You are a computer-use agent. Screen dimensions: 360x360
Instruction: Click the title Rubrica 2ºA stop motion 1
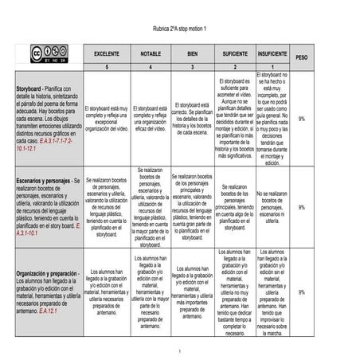(179, 29)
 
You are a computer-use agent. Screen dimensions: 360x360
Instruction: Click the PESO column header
(302, 57)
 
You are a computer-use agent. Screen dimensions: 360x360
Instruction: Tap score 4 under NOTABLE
(151, 68)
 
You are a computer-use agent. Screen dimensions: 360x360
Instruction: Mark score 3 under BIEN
(192, 68)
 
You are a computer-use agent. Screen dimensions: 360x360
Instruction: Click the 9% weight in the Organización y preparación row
(302, 292)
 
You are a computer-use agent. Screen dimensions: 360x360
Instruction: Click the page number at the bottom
(180, 350)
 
